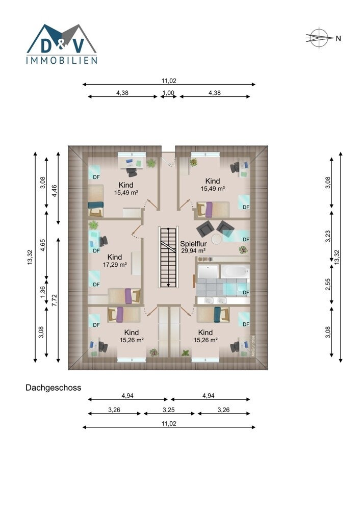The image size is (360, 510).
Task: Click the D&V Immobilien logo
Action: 62,43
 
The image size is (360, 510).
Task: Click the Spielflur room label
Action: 193,244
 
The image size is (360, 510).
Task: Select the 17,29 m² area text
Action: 115,265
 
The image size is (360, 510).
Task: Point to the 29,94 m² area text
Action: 193,251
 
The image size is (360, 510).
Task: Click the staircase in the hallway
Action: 168,257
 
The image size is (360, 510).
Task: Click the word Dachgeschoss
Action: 54,388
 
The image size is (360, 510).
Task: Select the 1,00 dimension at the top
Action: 168,93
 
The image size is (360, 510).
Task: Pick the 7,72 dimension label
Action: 55,300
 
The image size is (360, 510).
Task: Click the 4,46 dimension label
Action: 55,191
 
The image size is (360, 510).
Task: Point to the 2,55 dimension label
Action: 328,285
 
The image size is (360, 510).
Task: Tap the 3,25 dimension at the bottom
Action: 169,410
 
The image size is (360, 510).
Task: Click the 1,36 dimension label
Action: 43,292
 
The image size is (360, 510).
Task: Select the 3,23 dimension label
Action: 328,236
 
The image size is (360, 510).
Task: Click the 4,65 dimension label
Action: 43,245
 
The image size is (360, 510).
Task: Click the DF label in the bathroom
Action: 246,292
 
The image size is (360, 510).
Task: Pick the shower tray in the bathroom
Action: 208,272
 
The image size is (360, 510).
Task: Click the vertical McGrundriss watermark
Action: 253,346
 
